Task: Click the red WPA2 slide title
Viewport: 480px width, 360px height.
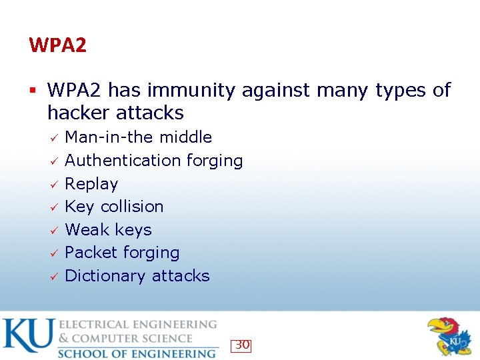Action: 57,46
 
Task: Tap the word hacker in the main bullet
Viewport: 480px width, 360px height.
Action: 77,113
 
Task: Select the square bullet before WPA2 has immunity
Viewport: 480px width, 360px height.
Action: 33,90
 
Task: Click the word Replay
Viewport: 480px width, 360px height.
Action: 91,184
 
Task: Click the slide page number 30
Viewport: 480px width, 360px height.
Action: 242,345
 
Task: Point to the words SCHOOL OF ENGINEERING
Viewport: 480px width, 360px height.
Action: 137,353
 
